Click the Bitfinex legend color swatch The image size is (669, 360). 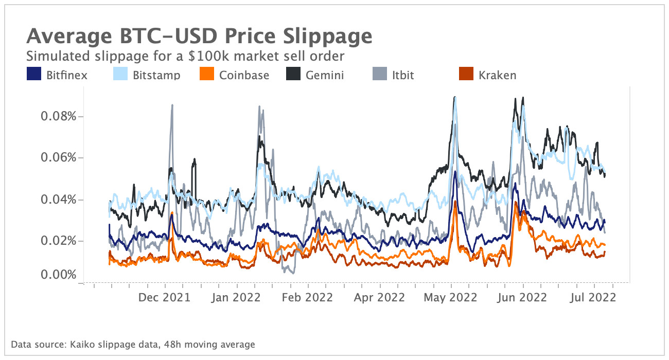click(x=33, y=75)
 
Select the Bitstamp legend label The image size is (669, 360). click(x=156, y=75)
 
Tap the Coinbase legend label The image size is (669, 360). click(x=244, y=75)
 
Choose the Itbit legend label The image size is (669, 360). click(x=402, y=75)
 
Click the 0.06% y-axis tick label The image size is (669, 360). click(x=58, y=157)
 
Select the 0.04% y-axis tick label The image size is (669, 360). click(x=58, y=200)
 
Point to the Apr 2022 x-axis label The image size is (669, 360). click(x=380, y=297)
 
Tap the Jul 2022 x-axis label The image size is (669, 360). click(x=594, y=297)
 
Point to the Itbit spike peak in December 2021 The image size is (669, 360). click(x=172, y=105)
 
